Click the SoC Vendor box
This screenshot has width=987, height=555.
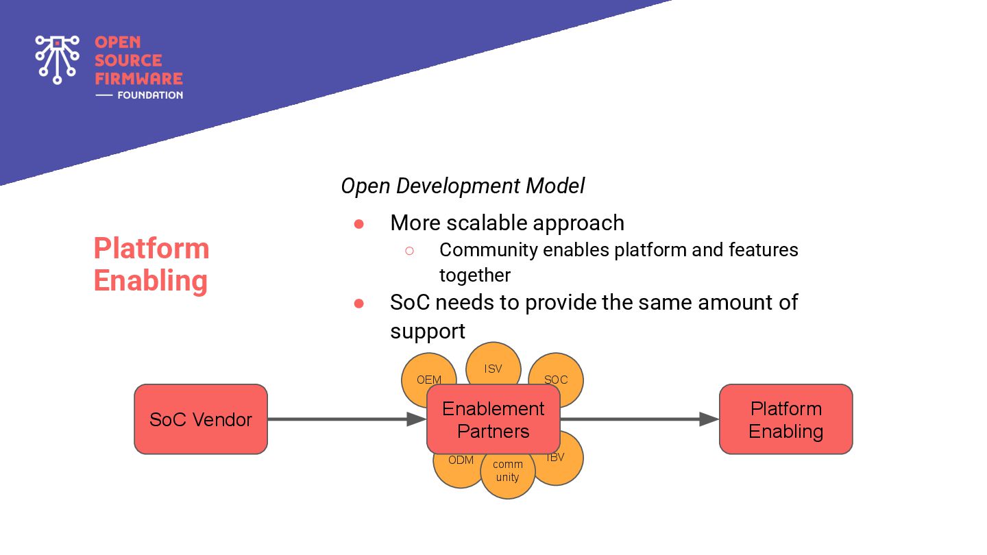201,419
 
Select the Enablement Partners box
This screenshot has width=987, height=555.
493,419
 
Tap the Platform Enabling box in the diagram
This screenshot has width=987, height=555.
786,419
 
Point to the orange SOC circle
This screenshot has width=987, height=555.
564,374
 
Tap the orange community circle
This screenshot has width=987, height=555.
508,476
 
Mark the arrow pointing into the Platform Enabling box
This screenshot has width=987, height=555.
639,419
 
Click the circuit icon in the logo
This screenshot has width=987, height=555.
58,60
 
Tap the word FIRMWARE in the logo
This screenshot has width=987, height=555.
138,78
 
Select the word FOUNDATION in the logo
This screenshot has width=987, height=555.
150,95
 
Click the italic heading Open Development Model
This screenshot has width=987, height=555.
463,186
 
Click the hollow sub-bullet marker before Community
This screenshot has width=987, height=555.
409,251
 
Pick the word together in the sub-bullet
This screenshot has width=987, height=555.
475,275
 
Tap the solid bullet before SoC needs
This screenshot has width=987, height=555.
358,304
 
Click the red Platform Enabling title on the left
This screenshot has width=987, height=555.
151,264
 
